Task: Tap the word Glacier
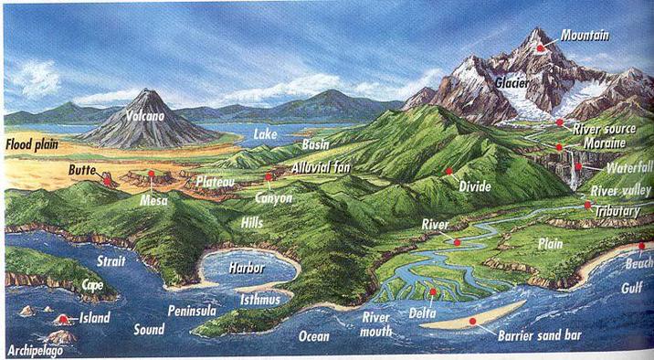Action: point(512,82)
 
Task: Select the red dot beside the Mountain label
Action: point(541,47)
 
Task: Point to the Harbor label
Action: point(246,269)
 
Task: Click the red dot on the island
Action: point(63,320)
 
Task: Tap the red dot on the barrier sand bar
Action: point(472,322)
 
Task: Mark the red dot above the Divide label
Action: point(449,170)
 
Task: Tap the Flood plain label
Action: point(33,144)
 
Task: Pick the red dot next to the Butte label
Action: point(108,179)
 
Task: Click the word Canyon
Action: point(273,196)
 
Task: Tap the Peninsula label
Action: point(191,312)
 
